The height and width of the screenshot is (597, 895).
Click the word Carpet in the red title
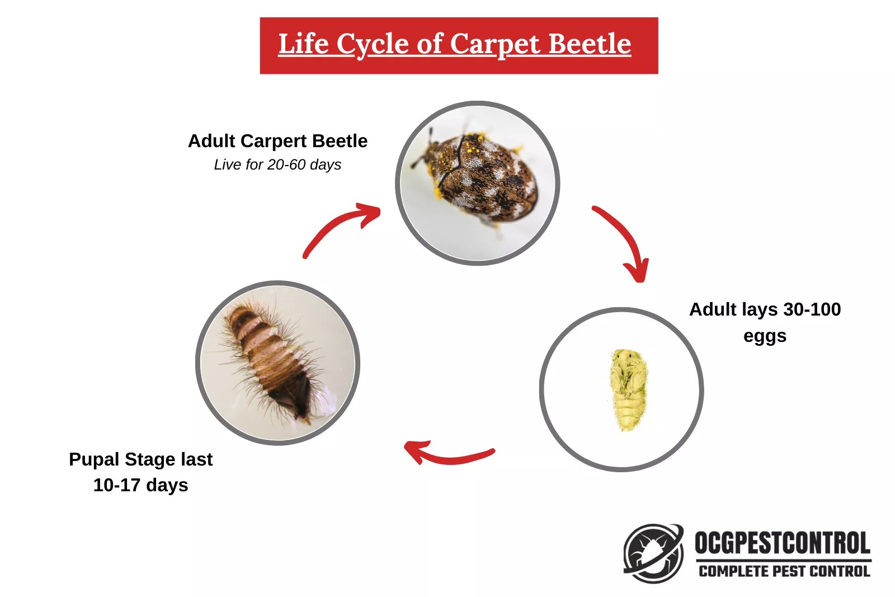coord(488,44)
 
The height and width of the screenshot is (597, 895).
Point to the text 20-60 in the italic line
coord(287,164)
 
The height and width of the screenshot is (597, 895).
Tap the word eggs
coord(765,336)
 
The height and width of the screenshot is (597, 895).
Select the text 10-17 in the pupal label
coord(116,485)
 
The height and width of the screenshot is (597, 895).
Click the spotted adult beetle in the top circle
coord(481,176)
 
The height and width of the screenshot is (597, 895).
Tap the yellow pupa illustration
coord(628,389)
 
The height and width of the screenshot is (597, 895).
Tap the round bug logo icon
coord(653,553)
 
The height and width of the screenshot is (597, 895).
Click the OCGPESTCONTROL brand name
coord(782,543)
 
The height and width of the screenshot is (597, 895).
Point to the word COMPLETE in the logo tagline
coord(733,571)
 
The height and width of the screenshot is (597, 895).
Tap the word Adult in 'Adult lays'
coord(713,309)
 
